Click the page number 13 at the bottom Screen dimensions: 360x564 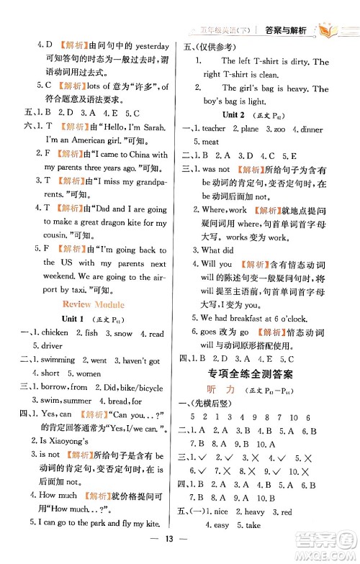(x=180, y=550)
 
